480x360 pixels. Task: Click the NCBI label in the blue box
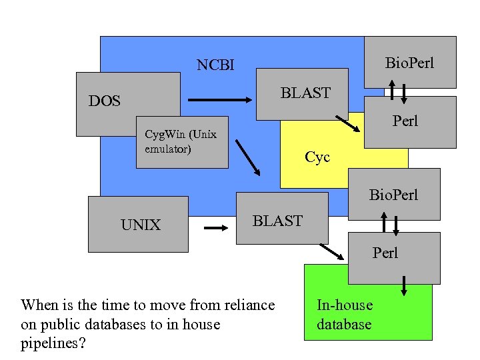[215, 65]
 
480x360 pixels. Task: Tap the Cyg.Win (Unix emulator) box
[181, 142]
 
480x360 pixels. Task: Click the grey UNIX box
[139, 225]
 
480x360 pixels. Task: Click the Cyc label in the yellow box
[317, 158]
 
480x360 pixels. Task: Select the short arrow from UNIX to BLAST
[215, 228]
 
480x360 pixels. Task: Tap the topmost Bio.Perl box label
[409, 63]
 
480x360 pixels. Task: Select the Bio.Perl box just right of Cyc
[394, 195]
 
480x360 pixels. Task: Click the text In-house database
[344, 315]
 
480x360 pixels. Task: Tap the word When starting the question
[39, 305]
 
